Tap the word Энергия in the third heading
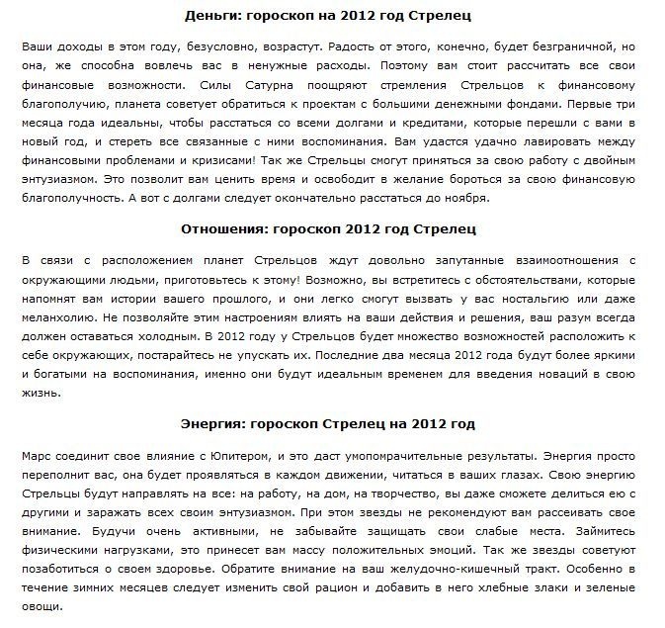(x=211, y=424)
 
